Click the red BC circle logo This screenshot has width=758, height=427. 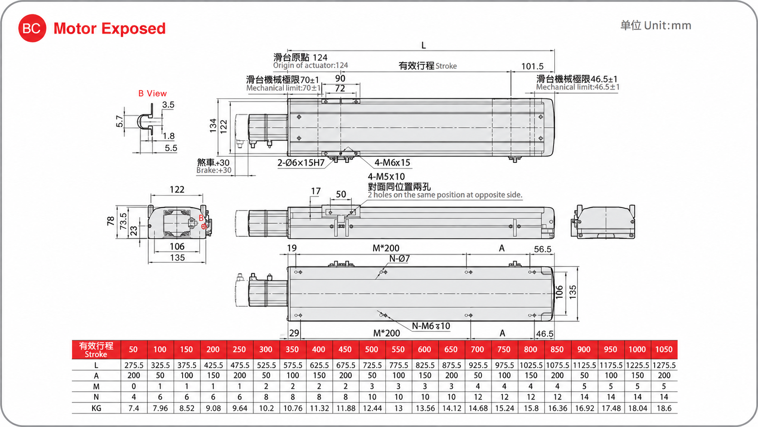[32, 28]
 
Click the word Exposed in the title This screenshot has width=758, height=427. [133, 29]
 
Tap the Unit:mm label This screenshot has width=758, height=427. [667, 25]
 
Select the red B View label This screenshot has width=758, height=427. [152, 93]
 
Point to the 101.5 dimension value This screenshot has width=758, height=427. [532, 66]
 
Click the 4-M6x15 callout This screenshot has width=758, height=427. [392, 162]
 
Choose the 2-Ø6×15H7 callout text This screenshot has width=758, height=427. [301, 163]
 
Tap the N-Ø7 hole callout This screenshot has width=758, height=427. [399, 259]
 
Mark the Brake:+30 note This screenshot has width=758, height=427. [214, 170]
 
